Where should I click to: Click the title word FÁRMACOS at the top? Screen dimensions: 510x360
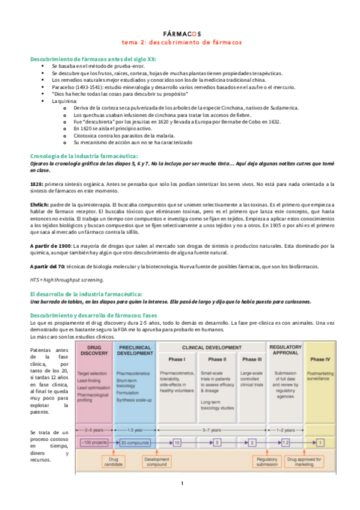pyautogui.click(x=182, y=34)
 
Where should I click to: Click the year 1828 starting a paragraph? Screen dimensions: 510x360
pyautogui.click(x=36, y=183)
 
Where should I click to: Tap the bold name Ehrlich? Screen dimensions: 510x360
pyautogui.click(x=39, y=204)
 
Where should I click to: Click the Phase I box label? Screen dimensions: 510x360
pyautogui.click(x=177, y=360)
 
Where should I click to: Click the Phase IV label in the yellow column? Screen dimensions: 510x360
pyautogui.click(x=319, y=360)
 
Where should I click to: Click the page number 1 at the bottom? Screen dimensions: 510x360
pyautogui.click(x=181, y=484)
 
